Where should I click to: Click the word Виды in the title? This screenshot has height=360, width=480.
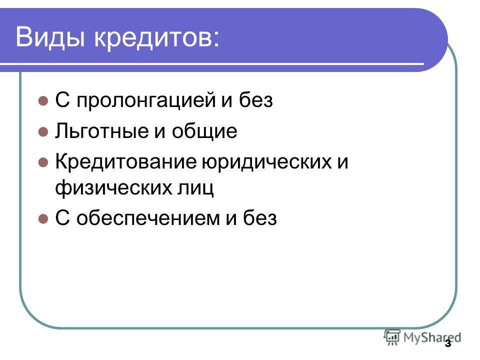pos(50,37)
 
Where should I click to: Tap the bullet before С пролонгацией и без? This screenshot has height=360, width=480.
pos(43,100)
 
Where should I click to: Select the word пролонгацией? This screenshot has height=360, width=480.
pos(146,100)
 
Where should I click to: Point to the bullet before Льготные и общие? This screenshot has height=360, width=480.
pos(43,131)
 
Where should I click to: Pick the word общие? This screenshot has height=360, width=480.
pos(204,131)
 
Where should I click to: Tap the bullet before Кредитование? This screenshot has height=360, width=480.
pos(43,162)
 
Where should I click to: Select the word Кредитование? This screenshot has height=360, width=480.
pos(126,161)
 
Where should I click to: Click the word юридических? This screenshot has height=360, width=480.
pos(266,162)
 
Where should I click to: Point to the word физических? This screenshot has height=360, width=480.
pos(113,187)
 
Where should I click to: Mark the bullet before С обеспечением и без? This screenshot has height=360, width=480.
pos(43,218)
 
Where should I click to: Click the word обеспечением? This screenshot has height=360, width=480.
pos(148,218)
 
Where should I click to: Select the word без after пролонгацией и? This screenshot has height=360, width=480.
pos(256,100)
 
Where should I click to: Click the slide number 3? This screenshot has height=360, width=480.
pos(448,343)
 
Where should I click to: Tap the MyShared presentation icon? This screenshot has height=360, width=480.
pos(392,337)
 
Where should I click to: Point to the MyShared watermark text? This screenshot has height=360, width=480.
pos(432,338)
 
